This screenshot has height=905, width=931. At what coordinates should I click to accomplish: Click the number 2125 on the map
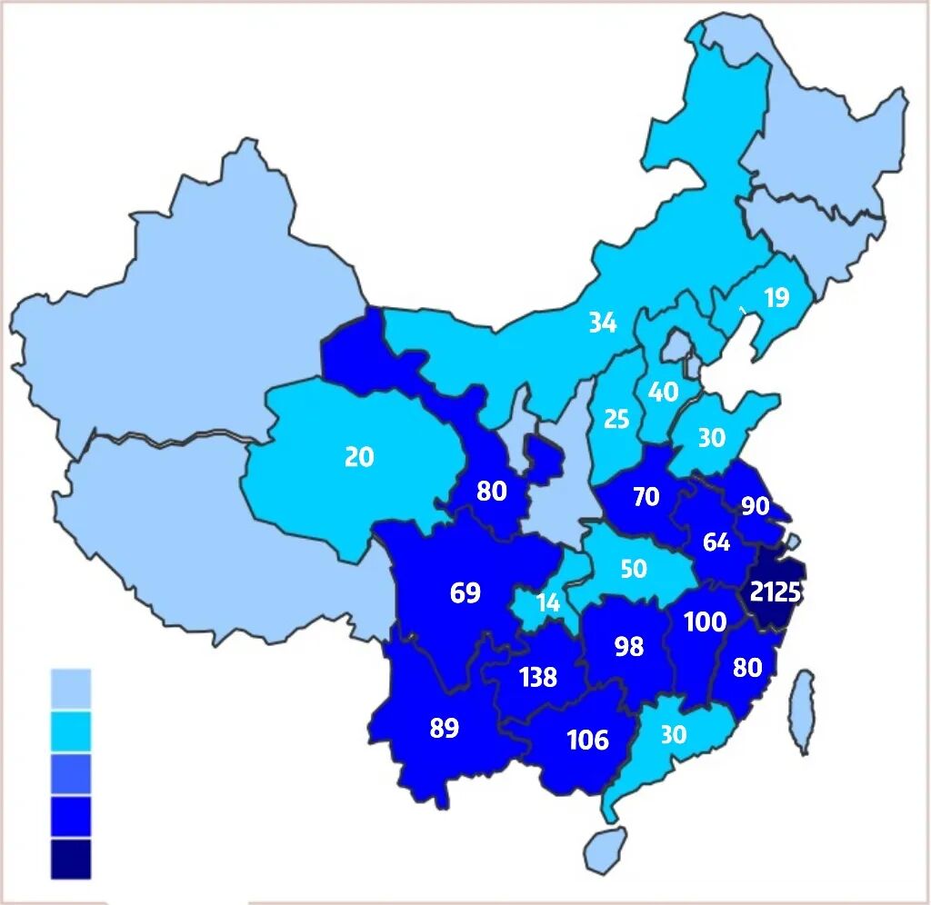pos(776,592)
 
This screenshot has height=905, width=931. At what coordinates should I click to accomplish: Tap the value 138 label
pos(537,677)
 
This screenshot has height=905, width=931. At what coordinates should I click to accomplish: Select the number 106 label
pos(587,740)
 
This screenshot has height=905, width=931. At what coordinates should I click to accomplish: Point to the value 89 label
pos(445,728)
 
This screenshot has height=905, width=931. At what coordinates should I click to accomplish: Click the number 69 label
pos(465,593)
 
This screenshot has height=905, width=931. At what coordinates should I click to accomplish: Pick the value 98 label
pos(628,646)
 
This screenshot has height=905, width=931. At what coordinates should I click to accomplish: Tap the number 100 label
pos(705,622)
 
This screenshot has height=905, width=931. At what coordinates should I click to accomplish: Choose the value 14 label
pos(547,602)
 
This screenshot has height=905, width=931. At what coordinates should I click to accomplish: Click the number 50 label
pos(633,569)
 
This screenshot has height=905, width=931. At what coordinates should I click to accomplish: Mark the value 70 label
pos(646,497)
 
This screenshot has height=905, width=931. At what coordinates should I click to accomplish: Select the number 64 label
pos(716,542)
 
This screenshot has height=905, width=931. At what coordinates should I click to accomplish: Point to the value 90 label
pos(755,506)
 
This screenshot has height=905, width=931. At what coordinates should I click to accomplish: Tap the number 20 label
pos(359,456)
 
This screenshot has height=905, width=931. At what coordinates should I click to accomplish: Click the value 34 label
pos(602,322)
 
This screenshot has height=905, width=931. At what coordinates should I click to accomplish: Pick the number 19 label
pos(776,297)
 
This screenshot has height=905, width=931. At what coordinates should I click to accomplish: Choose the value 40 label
pos(663,392)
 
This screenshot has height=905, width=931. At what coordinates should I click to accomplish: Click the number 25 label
pos(616,419)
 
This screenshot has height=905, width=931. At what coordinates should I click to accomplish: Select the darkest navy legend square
pos(71,859)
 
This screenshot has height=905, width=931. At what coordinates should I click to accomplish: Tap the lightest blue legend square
pos(71,689)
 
